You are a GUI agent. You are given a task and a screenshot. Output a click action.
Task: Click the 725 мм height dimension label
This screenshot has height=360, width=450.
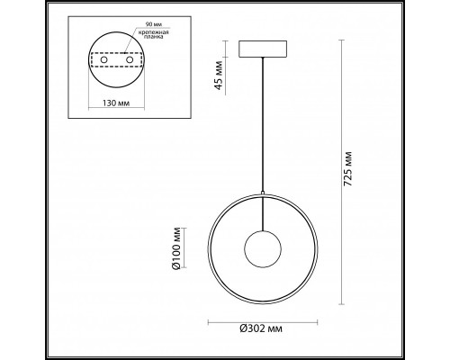[x=347, y=169]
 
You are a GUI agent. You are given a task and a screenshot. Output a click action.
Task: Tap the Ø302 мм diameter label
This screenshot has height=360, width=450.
[x=261, y=328]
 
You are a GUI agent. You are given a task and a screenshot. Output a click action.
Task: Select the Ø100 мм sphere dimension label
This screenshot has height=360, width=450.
[x=176, y=248]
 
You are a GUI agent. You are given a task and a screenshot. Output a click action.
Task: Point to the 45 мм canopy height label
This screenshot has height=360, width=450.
[x=219, y=75]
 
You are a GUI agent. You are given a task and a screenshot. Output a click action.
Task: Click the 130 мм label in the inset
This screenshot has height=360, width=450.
[x=116, y=103]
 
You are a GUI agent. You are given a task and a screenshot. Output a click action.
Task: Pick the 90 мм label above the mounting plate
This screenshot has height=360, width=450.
[x=152, y=23]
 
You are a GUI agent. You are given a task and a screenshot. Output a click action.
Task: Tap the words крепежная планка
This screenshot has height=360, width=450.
[x=153, y=34]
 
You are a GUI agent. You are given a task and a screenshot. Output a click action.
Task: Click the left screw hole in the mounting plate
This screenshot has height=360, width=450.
[x=103, y=59]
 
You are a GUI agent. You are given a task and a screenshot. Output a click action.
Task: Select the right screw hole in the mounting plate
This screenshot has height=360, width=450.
[x=130, y=59]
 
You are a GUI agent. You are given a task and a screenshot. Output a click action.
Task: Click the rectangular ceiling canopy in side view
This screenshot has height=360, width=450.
[x=263, y=49]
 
